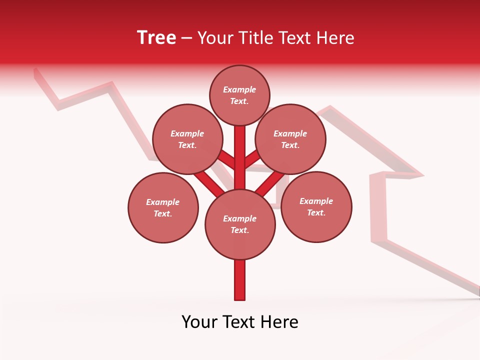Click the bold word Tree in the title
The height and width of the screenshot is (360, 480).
[156, 38]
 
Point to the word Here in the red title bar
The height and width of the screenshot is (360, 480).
[335, 38]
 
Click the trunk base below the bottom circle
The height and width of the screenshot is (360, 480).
[239, 280]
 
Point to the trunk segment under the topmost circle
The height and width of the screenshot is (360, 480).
[239, 150]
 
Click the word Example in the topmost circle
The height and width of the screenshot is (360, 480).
[239, 89]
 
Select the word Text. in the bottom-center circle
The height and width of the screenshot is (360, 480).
[239, 230]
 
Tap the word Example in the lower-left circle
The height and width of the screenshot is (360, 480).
[162, 202]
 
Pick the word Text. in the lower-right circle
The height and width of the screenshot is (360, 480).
[316, 213]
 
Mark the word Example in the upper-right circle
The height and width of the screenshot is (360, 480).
[290, 133]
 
